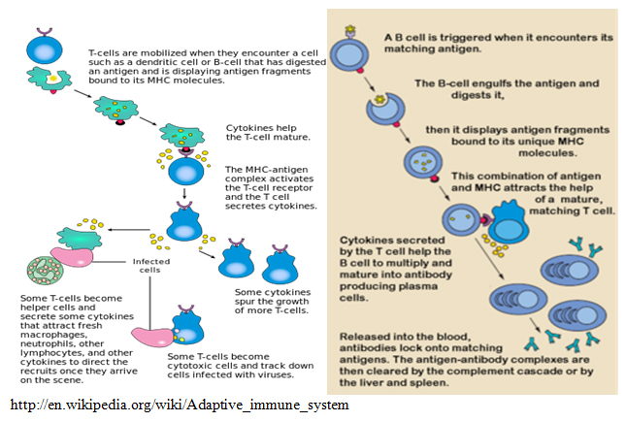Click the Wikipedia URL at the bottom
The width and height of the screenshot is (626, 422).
point(180,405)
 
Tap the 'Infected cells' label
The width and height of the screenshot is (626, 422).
point(151,266)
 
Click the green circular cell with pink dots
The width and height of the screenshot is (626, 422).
point(45,271)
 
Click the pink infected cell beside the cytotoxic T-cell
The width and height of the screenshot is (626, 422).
point(153,337)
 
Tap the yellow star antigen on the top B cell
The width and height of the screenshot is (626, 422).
point(350,29)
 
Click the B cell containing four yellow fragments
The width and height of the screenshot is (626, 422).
point(423,163)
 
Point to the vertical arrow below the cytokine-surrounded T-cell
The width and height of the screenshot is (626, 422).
point(184,193)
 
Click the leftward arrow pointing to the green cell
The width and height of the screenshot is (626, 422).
point(128,230)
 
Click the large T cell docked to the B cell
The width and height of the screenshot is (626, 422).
point(508,222)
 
